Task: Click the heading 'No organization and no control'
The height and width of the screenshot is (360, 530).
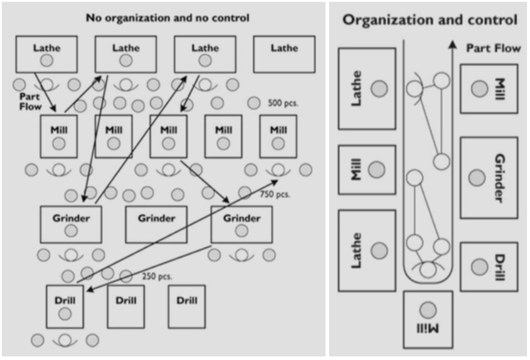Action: (168, 18)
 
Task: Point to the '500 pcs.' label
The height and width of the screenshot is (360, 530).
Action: (283, 103)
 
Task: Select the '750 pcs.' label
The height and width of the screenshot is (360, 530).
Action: (275, 194)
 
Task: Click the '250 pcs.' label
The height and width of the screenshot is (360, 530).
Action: (157, 276)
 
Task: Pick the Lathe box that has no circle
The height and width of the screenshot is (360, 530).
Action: (284, 54)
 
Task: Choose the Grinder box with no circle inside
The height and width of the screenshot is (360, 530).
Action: (156, 224)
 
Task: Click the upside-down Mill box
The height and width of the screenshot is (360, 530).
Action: (428, 319)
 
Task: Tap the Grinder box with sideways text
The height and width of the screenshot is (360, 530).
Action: (489, 177)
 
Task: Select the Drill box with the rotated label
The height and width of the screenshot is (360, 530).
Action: (489, 267)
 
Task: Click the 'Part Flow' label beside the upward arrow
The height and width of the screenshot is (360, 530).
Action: (493, 48)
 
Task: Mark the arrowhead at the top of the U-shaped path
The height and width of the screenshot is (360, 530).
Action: (452, 44)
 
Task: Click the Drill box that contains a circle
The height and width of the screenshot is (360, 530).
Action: (65, 306)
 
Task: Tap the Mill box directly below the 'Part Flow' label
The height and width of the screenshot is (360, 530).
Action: (58, 136)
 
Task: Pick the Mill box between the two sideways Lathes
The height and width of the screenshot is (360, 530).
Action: (367, 169)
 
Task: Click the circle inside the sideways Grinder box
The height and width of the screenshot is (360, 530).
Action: (477, 177)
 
